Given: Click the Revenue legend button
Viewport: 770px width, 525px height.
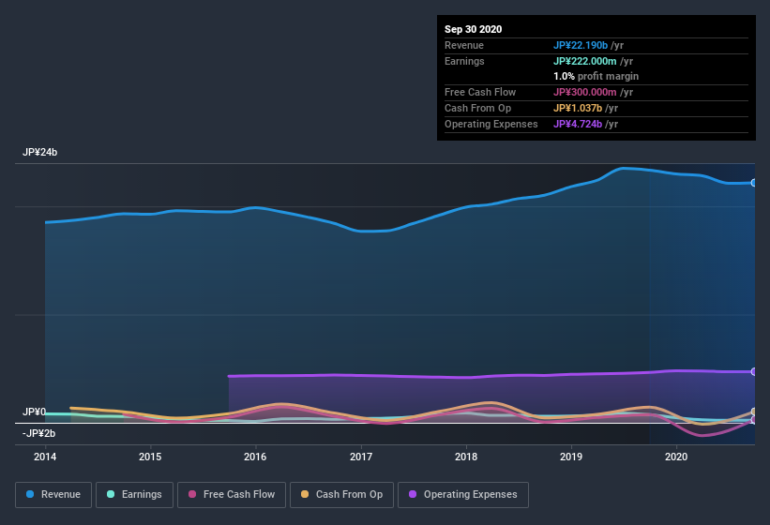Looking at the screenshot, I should coord(53,494).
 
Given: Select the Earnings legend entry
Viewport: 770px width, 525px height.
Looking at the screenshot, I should coord(133,494).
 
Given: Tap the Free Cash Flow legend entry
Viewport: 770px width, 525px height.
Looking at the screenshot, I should coord(231,494).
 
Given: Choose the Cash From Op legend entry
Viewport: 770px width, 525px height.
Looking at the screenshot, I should coord(341,494).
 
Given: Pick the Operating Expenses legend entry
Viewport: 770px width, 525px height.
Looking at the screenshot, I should coord(462,494).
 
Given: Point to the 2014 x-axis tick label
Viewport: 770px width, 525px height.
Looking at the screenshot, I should coord(45,457).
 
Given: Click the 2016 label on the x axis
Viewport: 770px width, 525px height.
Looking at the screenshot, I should coord(255,457).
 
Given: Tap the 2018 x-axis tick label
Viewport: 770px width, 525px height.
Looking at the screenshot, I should coord(466,457).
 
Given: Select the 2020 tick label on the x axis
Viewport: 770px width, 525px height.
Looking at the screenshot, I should coord(676,457).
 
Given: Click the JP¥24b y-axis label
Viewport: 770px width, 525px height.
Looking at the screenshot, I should coord(39,152).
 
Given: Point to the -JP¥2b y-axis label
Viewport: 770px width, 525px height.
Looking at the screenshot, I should coord(38,433).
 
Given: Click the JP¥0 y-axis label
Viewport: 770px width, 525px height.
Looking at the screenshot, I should coord(34,412).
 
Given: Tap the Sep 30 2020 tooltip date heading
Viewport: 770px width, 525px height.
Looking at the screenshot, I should coord(473,29).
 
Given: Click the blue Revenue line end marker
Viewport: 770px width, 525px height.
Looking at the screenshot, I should coord(754,183).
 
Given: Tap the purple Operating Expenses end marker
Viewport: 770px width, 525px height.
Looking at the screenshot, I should coord(754,372).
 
